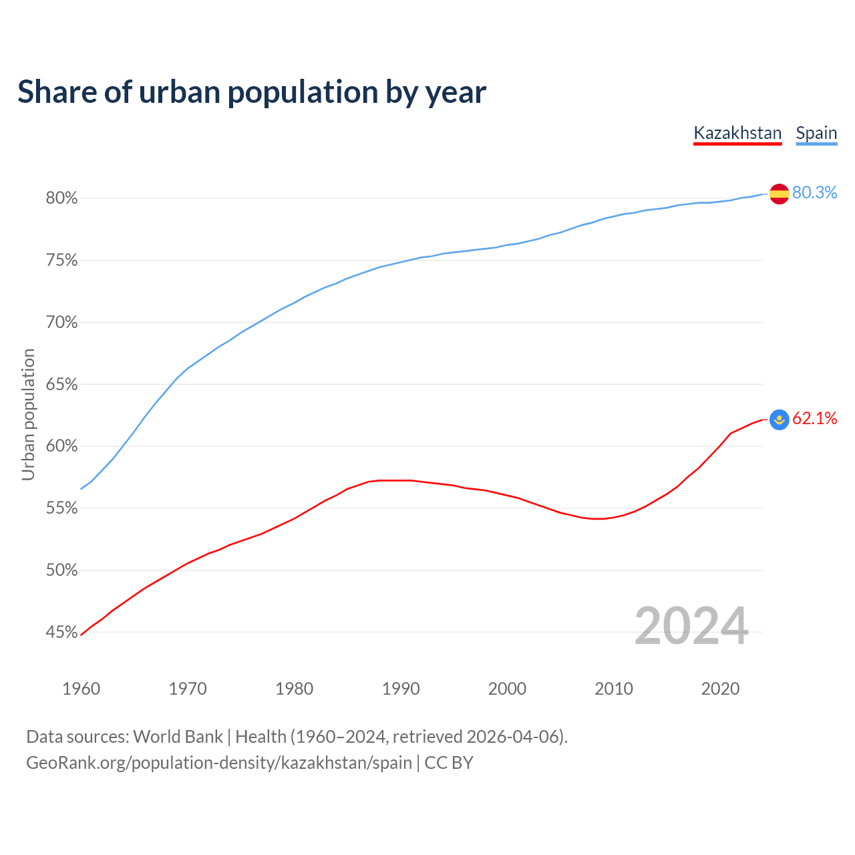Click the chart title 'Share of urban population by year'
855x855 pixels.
[x=252, y=92]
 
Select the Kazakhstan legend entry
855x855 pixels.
[x=737, y=133]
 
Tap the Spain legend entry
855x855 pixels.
[x=816, y=133]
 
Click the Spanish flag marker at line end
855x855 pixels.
[x=780, y=194]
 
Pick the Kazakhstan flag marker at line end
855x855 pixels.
[x=780, y=419]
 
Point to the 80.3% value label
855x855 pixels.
[x=814, y=193]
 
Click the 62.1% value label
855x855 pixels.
[x=814, y=419]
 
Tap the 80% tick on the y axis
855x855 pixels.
[x=61, y=198]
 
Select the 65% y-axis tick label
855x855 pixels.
[x=61, y=385]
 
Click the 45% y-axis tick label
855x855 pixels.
[x=61, y=633]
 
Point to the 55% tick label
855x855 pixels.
[x=61, y=508]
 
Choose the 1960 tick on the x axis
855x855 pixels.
[x=81, y=689]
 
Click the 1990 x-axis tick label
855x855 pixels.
[x=401, y=689]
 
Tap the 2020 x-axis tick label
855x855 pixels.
[x=720, y=689]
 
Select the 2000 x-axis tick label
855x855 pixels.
[x=507, y=689]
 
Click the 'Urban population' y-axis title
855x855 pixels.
[x=28, y=415]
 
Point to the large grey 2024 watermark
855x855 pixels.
[x=691, y=627]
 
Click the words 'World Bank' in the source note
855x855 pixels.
[x=178, y=737]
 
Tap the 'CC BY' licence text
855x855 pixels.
[x=449, y=763]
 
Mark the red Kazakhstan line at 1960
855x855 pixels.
[x=81, y=635]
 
